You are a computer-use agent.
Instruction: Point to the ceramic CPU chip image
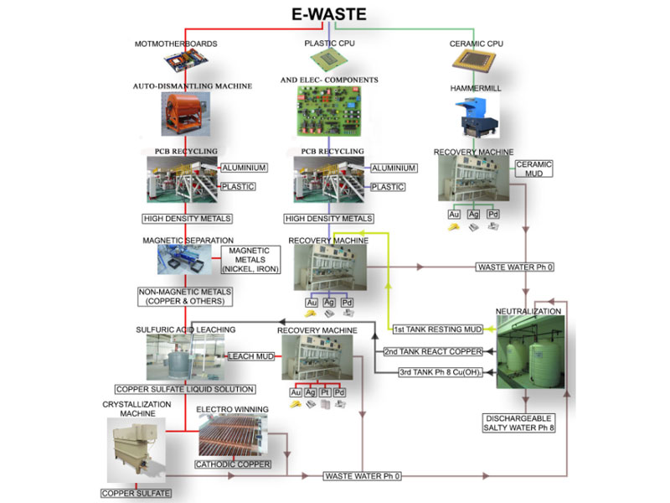coord(474,58)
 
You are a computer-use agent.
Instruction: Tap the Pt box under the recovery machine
coord(325,392)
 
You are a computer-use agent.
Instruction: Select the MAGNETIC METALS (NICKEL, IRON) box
coord(250,260)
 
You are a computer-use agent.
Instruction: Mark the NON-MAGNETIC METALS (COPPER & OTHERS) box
coord(185,297)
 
